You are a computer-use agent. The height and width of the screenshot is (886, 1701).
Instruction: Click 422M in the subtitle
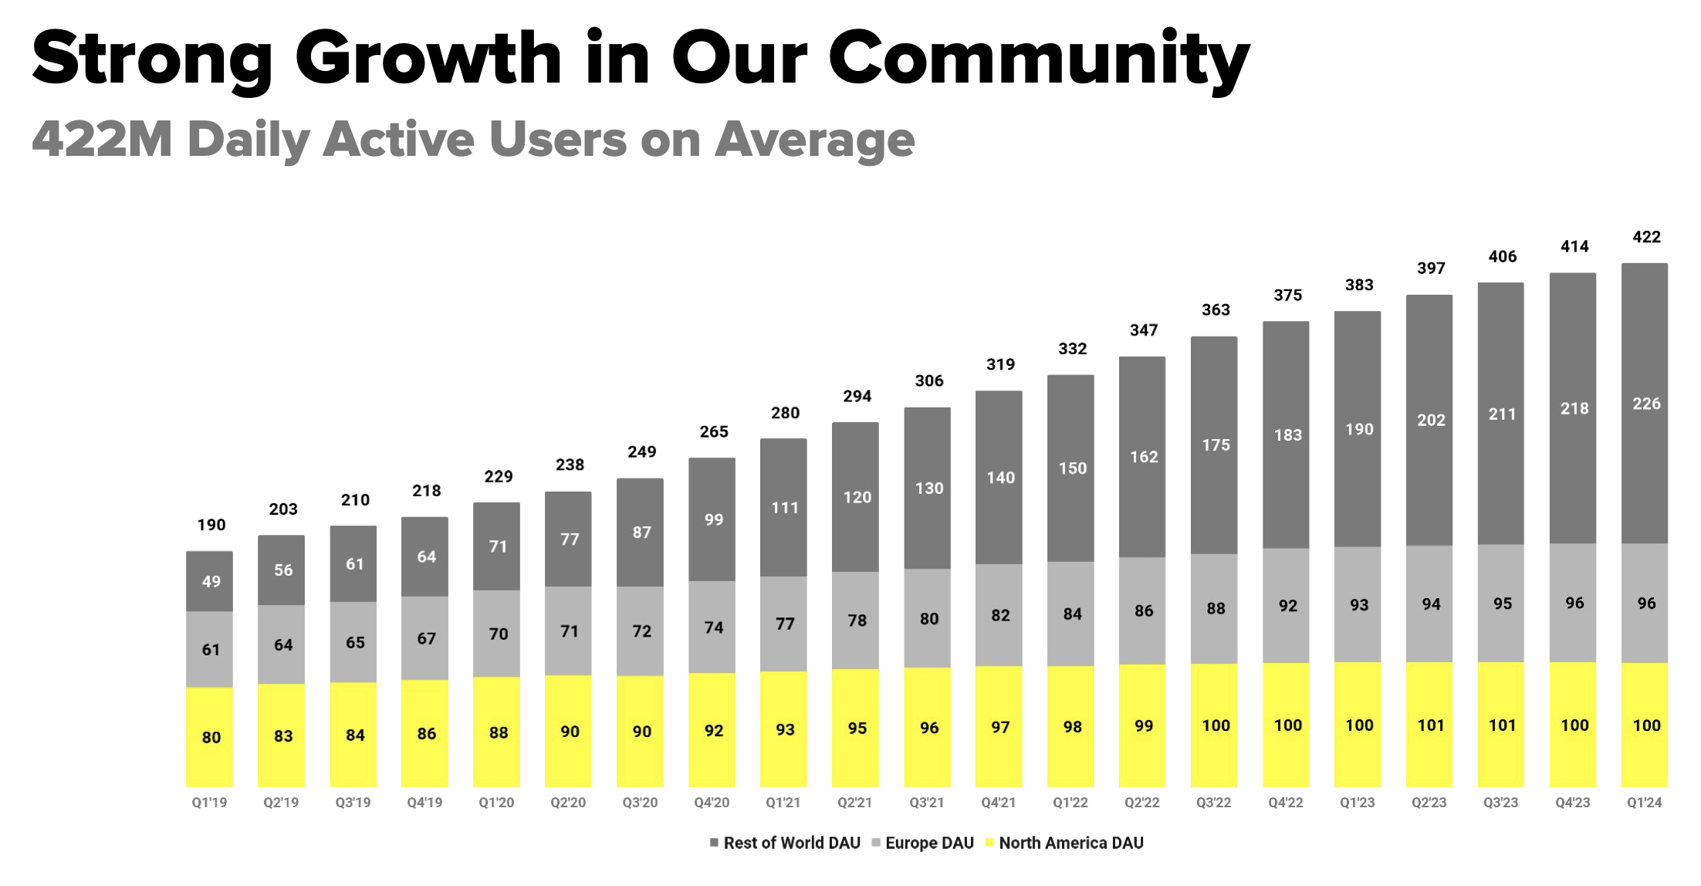coord(102,140)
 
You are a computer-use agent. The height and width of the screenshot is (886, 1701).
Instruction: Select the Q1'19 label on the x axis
coord(209,803)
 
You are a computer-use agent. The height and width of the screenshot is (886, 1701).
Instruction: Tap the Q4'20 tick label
coord(712,803)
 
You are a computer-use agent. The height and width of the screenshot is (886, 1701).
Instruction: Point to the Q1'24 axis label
coord(1644,803)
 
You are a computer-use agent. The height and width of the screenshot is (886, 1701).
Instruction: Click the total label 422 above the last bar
coord(1646,237)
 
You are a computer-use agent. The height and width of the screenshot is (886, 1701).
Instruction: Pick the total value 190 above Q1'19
coord(211,525)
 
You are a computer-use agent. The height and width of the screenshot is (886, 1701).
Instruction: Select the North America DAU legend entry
coord(1064,843)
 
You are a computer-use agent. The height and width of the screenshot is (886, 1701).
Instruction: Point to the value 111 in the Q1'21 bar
coord(785,508)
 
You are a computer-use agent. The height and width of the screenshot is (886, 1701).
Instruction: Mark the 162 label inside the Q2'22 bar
coord(1144,457)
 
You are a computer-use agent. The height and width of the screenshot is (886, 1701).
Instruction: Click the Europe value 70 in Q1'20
coord(498,634)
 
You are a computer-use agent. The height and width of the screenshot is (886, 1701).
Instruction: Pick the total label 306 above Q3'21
coord(928,380)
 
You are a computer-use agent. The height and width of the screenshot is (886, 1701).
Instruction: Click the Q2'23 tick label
coord(1429,803)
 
